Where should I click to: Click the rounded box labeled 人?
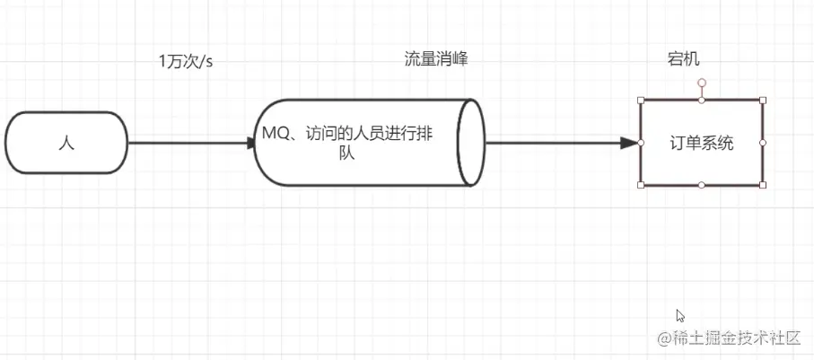point(66,143)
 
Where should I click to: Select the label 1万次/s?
point(186,61)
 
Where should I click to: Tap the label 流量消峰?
point(436,59)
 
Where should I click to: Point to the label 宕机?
point(684,59)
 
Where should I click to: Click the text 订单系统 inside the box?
point(702,143)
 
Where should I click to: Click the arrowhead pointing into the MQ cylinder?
point(252,143)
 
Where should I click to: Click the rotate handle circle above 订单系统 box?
point(702,83)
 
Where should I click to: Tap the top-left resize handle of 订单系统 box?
point(641,100)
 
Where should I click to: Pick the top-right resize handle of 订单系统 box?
point(763,100)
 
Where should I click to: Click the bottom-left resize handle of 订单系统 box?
point(641,185)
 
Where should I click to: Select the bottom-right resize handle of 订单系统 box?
point(763,185)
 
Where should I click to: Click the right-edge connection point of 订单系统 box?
point(763,143)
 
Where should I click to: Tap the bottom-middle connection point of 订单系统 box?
point(702,185)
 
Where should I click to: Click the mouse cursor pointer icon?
point(680,315)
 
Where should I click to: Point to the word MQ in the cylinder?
point(275,133)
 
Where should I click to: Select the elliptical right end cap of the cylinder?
point(470,142)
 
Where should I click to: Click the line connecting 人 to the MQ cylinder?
point(188,143)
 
